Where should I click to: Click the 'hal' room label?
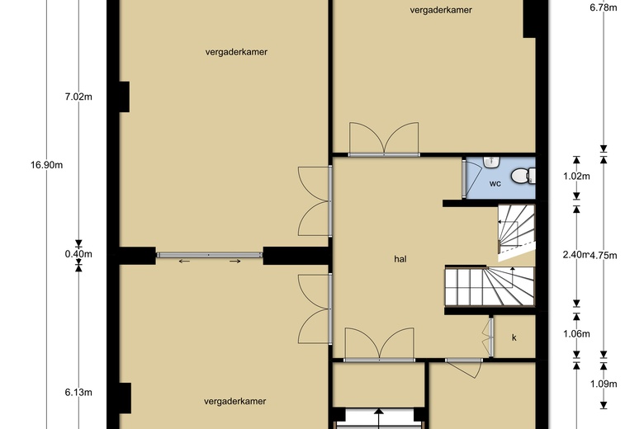(x=400, y=259)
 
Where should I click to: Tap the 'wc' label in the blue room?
(x=495, y=183)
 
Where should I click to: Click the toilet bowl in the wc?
(x=523, y=176)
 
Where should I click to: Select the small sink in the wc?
(x=491, y=162)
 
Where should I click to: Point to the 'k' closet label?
(x=514, y=337)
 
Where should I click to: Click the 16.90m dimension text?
(x=46, y=165)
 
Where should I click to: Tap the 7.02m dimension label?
(x=78, y=97)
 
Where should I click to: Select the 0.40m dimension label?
(x=78, y=254)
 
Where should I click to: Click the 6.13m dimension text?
(x=78, y=393)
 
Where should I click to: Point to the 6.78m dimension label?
(x=604, y=7)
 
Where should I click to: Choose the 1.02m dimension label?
(x=576, y=176)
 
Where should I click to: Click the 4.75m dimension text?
(x=604, y=256)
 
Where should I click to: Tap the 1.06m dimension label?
(x=576, y=334)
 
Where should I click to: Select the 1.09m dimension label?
(x=604, y=384)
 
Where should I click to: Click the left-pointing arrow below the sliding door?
(x=184, y=262)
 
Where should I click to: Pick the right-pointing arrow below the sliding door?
(x=235, y=262)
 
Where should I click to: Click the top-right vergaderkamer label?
(x=441, y=10)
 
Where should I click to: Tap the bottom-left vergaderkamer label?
(x=234, y=401)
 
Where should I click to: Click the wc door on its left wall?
(x=464, y=178)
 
